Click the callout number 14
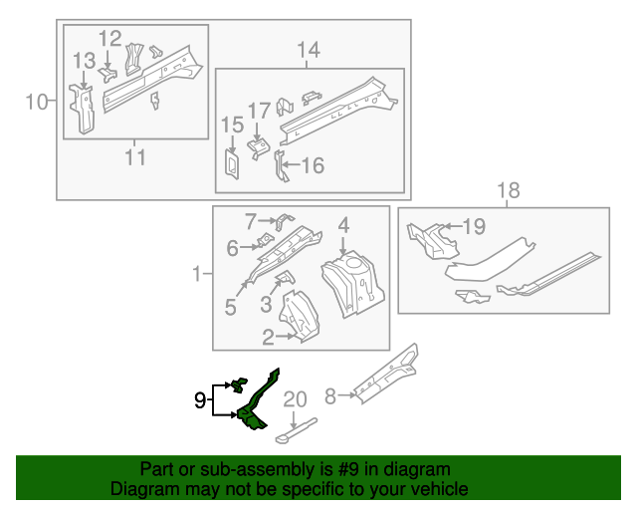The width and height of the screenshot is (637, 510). coord(309,50)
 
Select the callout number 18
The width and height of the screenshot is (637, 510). coord(508,190)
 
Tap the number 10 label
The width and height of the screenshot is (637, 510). coord(37,101)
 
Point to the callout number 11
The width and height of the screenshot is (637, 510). coord(135,156)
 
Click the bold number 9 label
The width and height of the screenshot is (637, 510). coord(200,401)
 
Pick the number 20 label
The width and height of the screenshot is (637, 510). coord(296,400)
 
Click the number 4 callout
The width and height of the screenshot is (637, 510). coord(342,226)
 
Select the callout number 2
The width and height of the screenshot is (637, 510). coord(268,338)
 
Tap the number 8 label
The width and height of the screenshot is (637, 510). coord(331,394)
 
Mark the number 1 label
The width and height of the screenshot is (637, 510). coord(197,273)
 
